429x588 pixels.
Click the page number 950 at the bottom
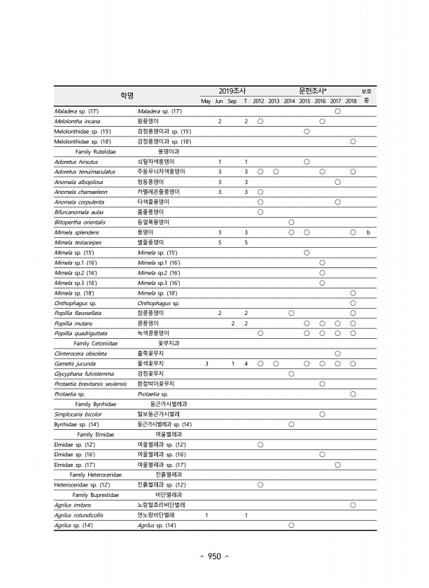(214, 556)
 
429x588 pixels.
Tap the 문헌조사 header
(313, 91)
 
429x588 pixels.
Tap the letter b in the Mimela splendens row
(367, 232)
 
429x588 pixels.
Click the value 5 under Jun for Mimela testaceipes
(220, 242)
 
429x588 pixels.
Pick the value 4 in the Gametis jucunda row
(246, 364)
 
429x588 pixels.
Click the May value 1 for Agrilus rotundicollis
(206, 515)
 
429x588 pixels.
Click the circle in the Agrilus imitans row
(353, 505)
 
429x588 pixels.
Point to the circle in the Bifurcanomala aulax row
(260, 212)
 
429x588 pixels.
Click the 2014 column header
(289, 101)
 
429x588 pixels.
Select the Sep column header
(232, 101)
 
